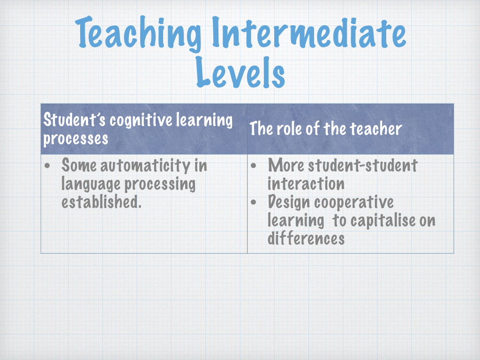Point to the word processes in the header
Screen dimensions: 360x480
click(x=75, y=138)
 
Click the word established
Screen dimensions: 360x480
click(x=101, y=202)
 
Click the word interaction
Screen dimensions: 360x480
click(x=306, y=183)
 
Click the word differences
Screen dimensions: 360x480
click(x=306, y=239)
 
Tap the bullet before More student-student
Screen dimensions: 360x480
click(x=254, y=166)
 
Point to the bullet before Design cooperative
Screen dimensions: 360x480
click(x=254, y=202)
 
